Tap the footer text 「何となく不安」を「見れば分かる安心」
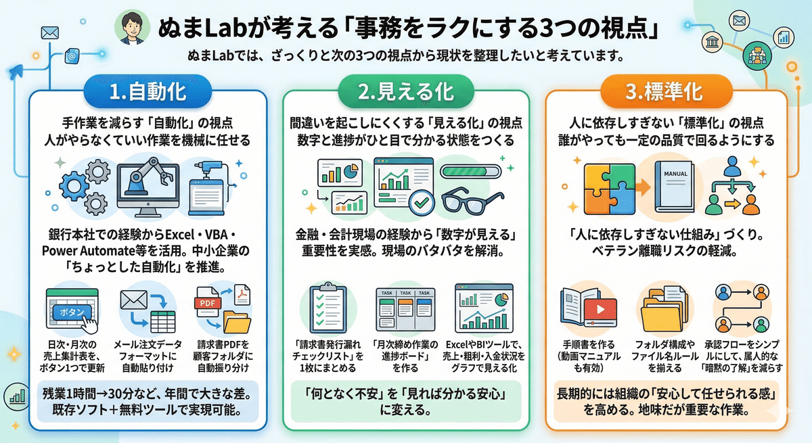coord(404,393)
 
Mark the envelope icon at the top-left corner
coord(49,32)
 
